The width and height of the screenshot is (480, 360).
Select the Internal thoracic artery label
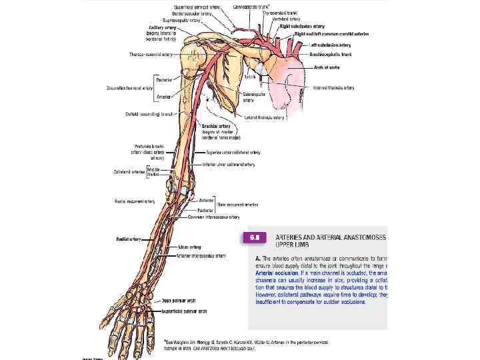[334, 87]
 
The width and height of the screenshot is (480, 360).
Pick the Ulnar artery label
[190, 247]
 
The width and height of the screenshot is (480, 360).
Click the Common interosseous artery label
[214, 217]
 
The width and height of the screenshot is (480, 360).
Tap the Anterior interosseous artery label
[201, 255]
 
